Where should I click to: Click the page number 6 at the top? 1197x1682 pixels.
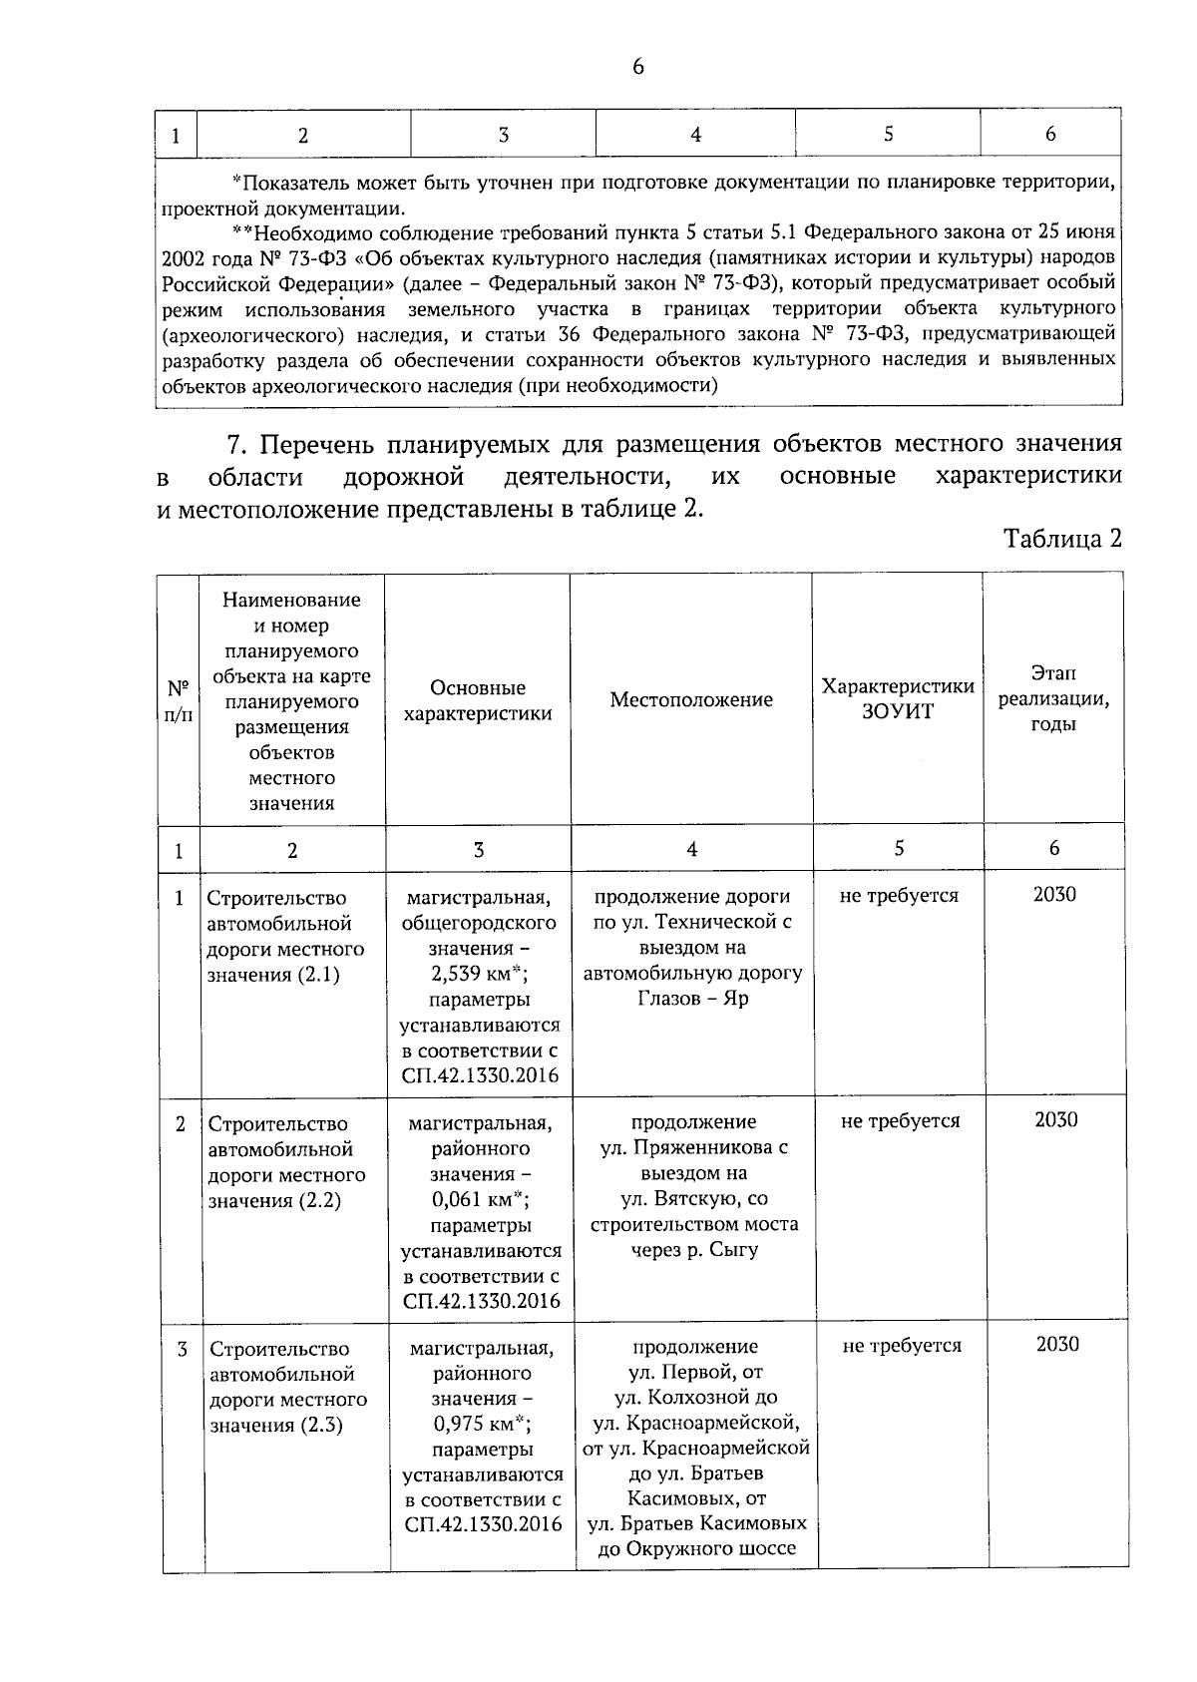[638, 67]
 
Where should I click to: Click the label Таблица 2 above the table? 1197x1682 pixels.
[1062, 539]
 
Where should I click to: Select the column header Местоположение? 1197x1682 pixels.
[691, 699]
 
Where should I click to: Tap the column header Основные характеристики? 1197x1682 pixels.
[478, 700]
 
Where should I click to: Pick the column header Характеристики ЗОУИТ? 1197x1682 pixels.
[897, 698]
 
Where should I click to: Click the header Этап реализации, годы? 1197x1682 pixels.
[1053, 698]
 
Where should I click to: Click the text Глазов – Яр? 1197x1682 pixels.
[692, 999]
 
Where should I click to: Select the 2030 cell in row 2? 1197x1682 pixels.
[1055, 1119]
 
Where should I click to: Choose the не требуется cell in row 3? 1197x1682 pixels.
[902, 1345]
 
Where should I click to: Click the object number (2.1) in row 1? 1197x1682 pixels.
[318, 975]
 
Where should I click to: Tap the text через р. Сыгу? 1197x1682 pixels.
[694, 1249]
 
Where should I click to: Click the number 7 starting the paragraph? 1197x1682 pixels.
[236, 444]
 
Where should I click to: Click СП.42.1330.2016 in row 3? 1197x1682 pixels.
[484, 1524]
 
